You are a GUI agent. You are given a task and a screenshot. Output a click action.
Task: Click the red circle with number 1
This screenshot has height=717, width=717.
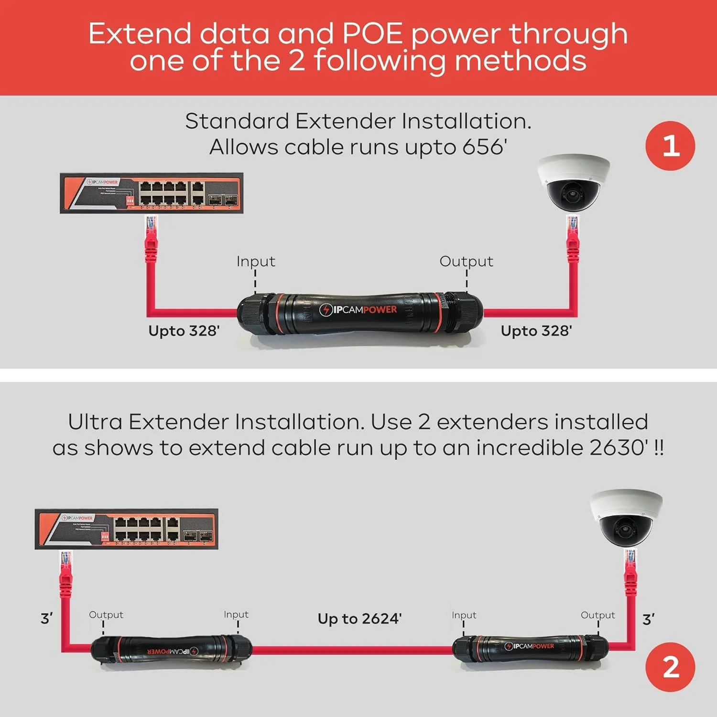[670, 146]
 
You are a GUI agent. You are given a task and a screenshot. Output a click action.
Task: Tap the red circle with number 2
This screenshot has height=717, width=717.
[670, 667]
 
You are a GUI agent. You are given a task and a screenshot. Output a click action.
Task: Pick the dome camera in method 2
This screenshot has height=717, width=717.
[626, 518]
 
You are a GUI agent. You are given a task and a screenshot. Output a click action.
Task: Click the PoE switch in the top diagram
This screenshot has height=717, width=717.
[152, 193]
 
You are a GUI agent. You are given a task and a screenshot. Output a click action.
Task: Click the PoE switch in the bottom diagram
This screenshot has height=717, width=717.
[127, 529]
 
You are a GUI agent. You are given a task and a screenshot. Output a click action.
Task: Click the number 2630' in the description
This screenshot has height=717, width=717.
[619, 448]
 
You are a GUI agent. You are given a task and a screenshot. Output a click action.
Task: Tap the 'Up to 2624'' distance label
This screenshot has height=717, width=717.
[359, 619]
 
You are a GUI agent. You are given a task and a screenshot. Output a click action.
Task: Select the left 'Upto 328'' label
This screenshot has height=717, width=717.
[184, 331]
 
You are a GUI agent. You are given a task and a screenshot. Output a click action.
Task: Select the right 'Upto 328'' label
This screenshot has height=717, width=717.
[536, 331]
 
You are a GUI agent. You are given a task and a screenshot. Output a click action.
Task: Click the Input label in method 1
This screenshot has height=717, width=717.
[256, 261]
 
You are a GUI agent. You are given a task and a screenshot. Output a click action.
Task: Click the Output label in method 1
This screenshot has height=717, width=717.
[466, 261]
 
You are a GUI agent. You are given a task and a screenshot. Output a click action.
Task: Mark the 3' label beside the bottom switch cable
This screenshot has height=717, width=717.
[47, 619]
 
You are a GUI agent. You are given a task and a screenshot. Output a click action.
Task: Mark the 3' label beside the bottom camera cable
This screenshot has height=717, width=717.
[649, 619]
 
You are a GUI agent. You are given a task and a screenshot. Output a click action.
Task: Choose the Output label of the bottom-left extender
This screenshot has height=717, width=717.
[106, 615]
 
